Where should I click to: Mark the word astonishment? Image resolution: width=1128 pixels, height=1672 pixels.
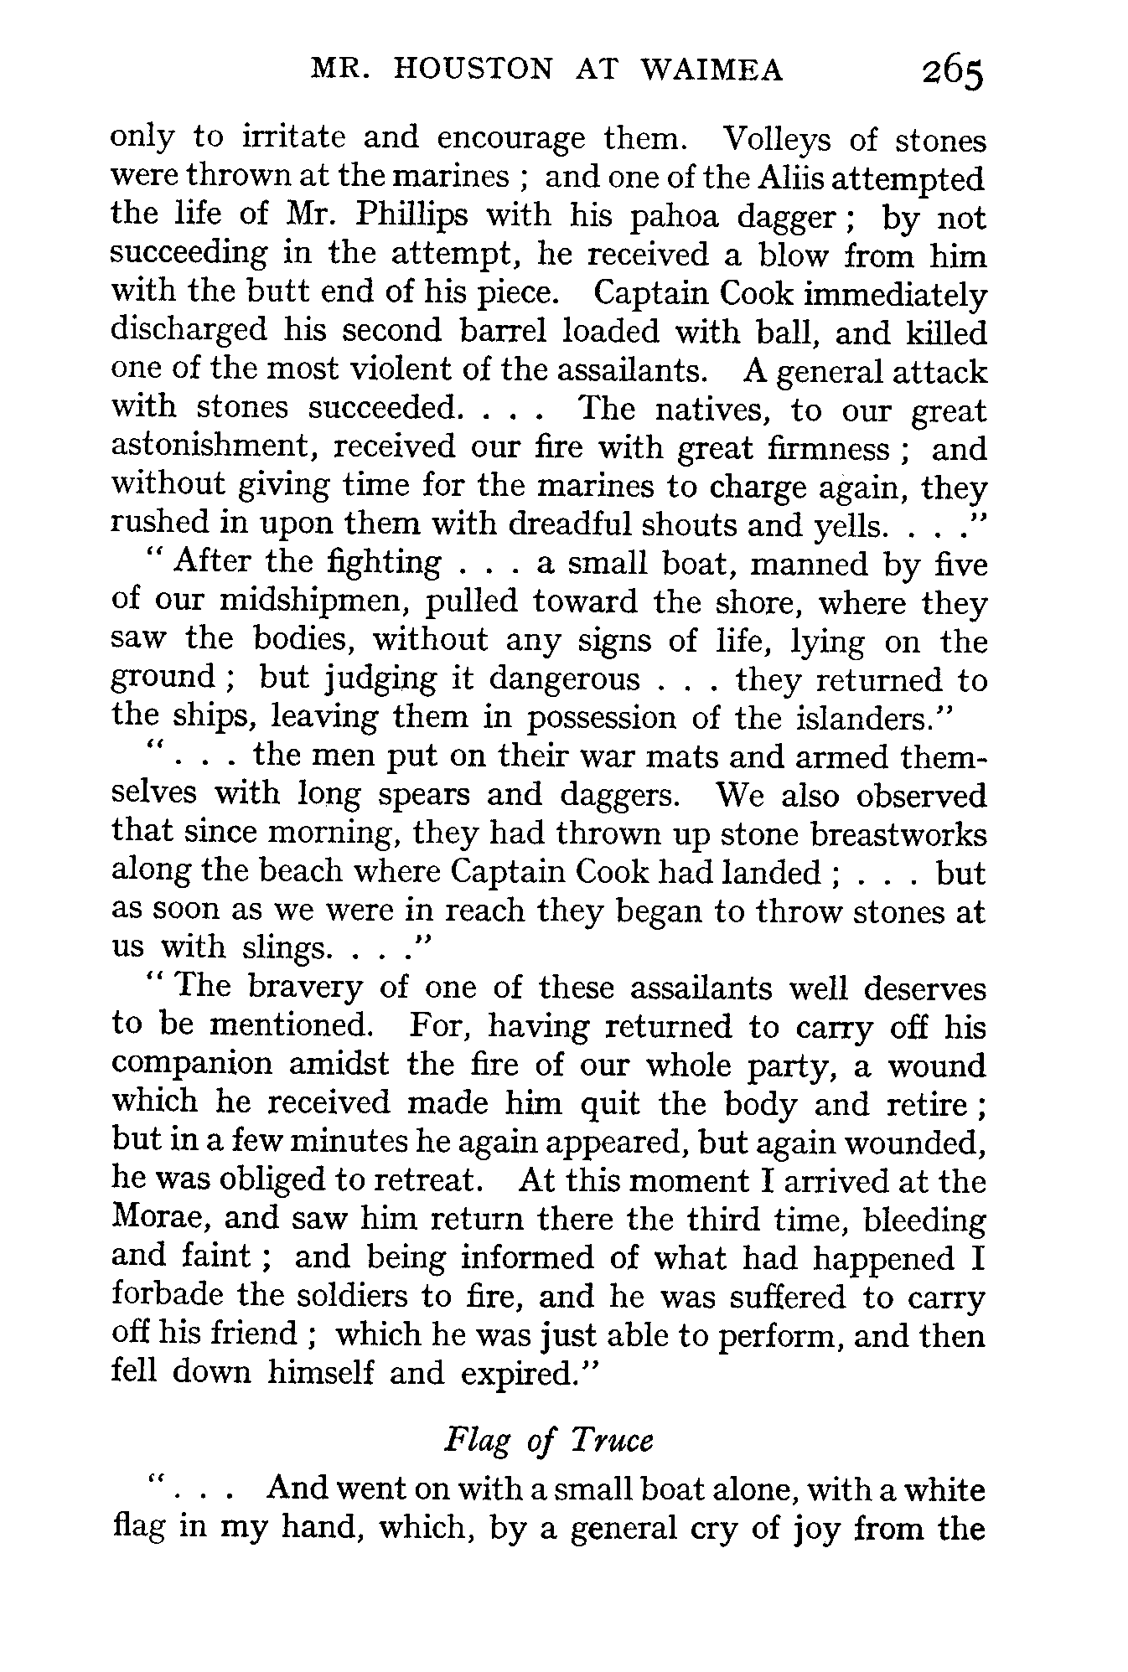tap(213, 448)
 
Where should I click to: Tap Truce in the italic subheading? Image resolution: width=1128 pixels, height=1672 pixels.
tap(612, 1441)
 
